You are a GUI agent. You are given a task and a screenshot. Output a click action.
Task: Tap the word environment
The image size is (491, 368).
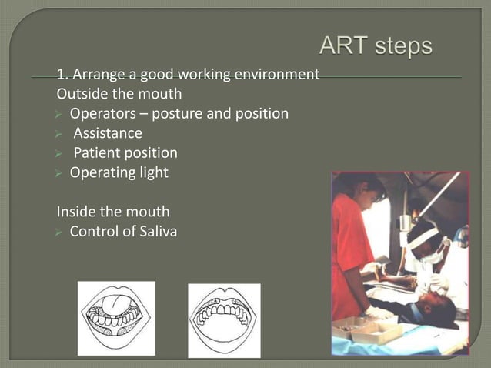coord(276,75)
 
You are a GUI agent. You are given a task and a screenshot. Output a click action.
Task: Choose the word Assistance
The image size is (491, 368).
coord(108,133)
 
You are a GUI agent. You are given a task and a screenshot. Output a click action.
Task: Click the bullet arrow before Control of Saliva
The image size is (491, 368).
coord(61,231)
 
